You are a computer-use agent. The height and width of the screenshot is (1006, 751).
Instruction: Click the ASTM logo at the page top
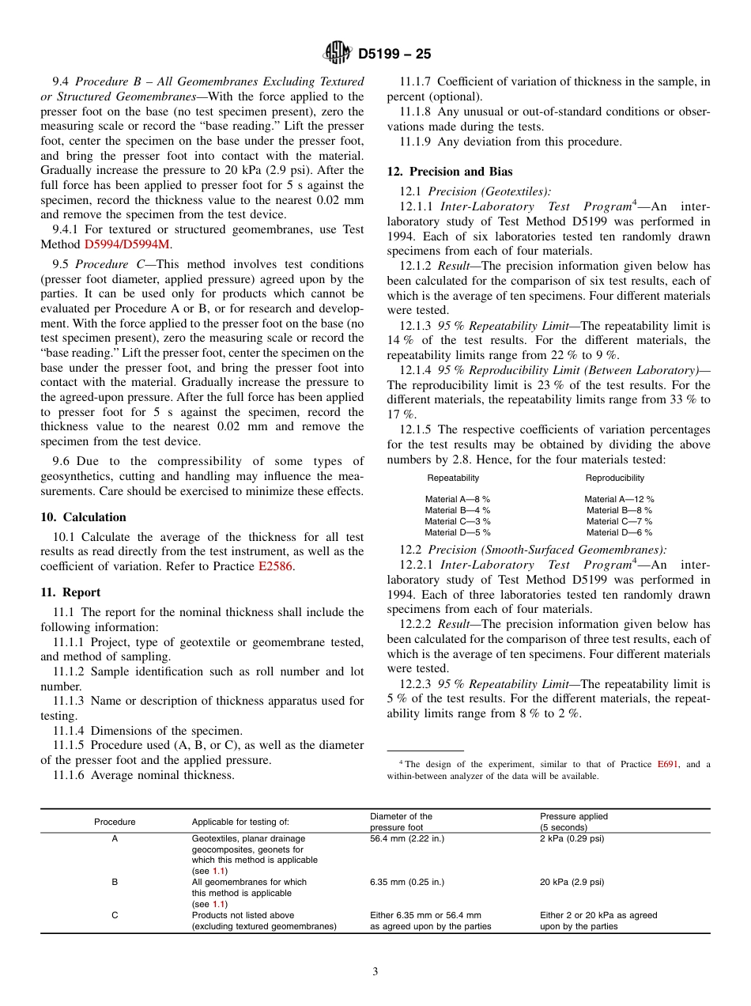(338, 53)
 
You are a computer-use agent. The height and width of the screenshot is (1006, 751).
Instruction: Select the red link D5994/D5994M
(126, 244)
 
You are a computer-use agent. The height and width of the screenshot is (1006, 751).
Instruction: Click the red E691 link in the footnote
(667, 764)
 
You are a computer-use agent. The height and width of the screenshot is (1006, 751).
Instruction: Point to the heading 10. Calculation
(83, 517)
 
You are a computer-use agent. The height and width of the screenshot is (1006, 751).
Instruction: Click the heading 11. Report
(70, 592)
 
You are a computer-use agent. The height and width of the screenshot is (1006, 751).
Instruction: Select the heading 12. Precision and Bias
(449, 172)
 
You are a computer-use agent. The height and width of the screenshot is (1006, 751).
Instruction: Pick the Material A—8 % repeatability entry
(457, 499)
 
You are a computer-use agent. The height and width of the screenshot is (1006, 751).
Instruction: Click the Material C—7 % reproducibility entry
(619, 521)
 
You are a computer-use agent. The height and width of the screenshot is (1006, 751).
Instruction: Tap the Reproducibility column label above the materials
(614, 478)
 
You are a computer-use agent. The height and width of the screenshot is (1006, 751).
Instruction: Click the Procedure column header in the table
(115, 822)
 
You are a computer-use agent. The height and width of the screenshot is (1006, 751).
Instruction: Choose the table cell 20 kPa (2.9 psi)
(572, 882)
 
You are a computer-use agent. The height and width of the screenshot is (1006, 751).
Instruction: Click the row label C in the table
(115, 915)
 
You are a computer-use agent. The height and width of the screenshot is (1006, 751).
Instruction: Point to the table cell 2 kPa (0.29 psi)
(572, 838)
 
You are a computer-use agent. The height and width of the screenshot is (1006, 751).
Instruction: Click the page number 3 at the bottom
(375, 972)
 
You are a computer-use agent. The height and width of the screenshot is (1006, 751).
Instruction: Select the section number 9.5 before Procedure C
(61, 264)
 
